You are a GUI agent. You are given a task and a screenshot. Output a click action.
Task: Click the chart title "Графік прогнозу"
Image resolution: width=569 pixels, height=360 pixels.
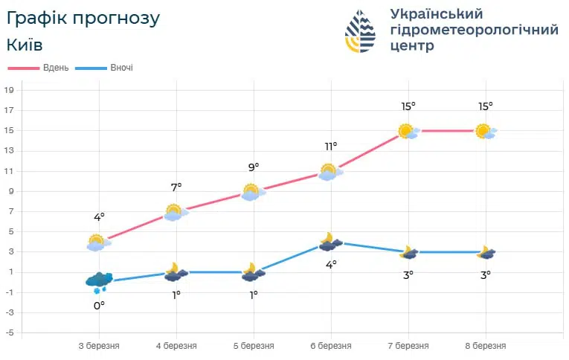point(83,18)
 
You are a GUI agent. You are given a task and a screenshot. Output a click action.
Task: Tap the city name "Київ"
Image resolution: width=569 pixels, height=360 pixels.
point(24,45)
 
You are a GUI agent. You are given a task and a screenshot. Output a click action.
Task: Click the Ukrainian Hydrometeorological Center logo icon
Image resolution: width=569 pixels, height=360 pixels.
point(361,31)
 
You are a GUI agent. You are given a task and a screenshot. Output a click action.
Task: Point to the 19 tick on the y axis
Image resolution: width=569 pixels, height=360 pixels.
point(10,90)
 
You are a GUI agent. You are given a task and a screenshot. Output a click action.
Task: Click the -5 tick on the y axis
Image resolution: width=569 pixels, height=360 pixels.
point(10,332)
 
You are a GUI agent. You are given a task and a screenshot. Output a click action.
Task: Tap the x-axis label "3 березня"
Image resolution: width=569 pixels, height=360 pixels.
point(99,346)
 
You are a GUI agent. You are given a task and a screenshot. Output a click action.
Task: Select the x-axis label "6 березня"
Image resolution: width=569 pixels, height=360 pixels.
point(330,346)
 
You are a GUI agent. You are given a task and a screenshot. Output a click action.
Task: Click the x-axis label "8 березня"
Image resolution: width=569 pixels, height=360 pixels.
point(485,346)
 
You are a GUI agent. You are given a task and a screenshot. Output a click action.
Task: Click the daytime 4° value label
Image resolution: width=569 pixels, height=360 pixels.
point(99,217)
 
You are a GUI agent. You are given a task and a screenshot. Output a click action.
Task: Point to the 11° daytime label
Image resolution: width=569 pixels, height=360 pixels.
point(330,147)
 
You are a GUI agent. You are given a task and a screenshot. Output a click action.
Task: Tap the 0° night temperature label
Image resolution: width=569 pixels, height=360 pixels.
point(99,304)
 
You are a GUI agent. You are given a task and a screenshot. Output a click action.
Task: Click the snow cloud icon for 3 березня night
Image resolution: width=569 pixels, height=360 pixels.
point(98,281)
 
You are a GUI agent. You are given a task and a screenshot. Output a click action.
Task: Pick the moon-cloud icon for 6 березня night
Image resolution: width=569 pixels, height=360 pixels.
point(330,242)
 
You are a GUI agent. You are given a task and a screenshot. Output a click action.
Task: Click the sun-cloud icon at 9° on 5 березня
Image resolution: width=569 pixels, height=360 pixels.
point(251,192)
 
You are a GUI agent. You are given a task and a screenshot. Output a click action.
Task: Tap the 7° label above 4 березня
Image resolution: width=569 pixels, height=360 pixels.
point(176,187)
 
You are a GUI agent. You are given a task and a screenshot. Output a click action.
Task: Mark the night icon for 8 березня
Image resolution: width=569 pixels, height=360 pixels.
point(486,252)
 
